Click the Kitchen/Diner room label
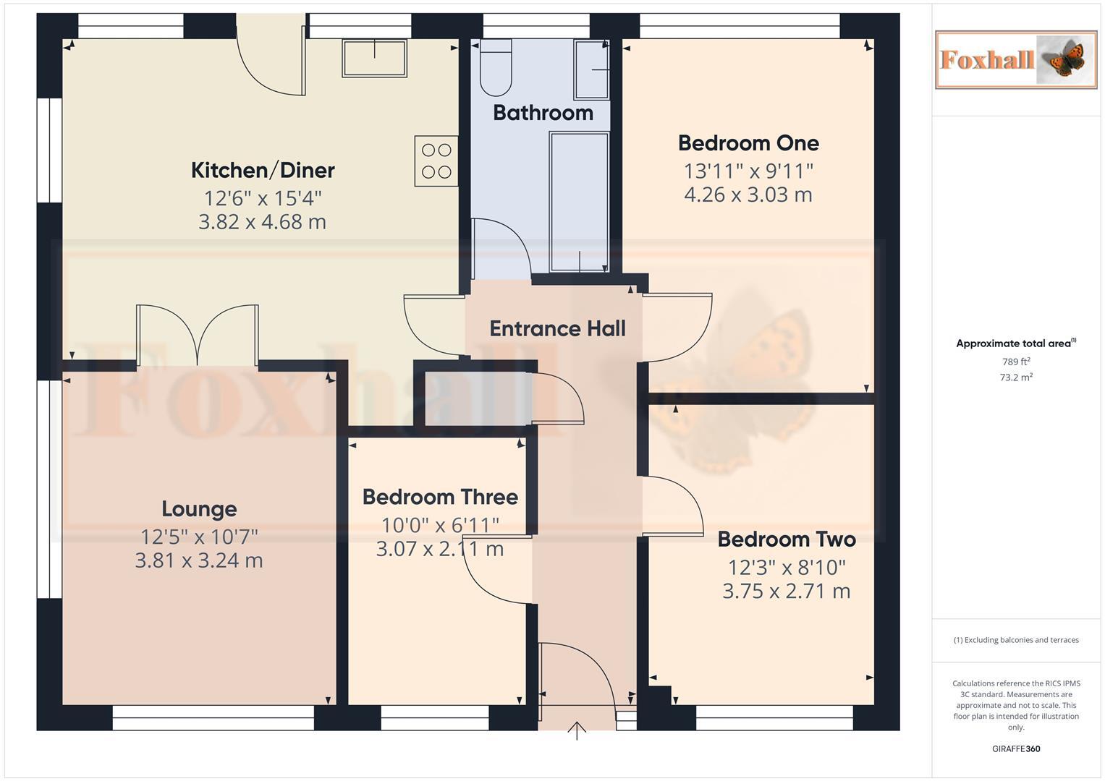(263, 171)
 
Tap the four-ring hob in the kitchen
(436, 161)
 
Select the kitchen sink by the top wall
(374, 58)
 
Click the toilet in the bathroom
(496, 69)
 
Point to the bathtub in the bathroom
(579, 201)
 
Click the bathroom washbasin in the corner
(591, 69)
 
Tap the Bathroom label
(543, 113)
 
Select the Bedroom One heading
(748, 143)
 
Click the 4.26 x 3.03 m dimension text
(748, 195)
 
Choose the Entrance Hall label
(557, 329)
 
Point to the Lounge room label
(199, 509)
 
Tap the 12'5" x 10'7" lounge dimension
(199, 537)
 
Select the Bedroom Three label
(440, 498)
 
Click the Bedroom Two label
(787, 539)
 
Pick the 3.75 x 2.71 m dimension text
(787, 591)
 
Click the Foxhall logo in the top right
(1015, 59)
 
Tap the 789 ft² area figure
(1016, 362)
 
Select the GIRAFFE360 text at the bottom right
(1016, 749)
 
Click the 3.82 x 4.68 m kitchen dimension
(263, 222)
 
